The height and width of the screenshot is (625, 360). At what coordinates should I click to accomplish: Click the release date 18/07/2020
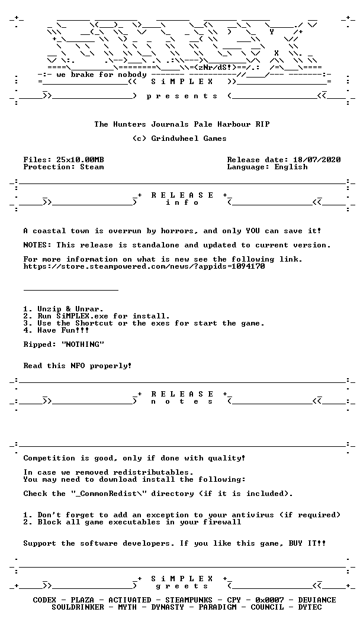point(317,160)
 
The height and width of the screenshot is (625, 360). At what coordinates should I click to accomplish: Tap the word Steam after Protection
point(92,167)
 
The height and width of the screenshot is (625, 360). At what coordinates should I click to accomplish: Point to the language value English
point(291,167)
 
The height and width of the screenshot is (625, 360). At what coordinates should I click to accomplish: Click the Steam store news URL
point(144,266)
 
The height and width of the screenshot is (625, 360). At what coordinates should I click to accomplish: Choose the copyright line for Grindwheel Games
point(179,138)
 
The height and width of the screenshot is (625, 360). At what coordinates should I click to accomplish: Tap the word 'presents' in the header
point(182,96)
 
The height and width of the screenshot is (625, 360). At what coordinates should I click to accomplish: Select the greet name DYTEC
point(310,607)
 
